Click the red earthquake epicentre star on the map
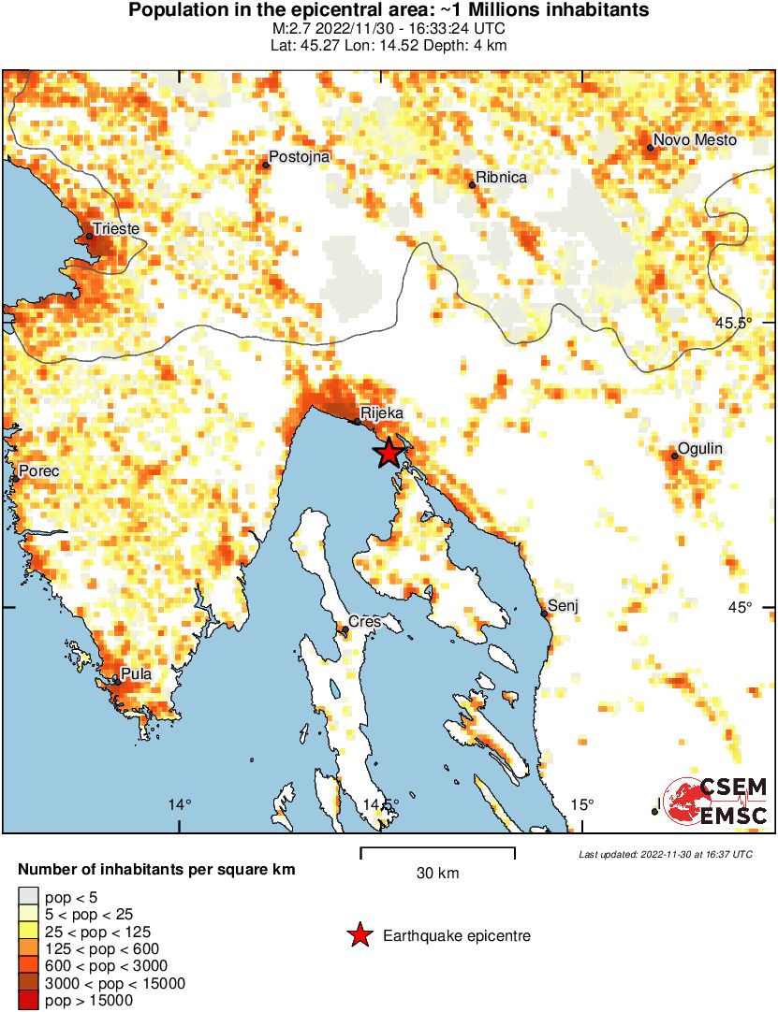[389, 454]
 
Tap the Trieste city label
[116, 228]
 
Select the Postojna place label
[300, 157]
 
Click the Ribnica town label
[502, 177]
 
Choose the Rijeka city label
[381, 412]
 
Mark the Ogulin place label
[700, 449]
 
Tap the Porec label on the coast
[38, 471]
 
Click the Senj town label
[564, 606]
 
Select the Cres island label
[364, 621]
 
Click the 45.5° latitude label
[733, 323]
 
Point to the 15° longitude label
[582, 804]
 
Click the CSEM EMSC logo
[715, 803]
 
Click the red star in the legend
[359, 935]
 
